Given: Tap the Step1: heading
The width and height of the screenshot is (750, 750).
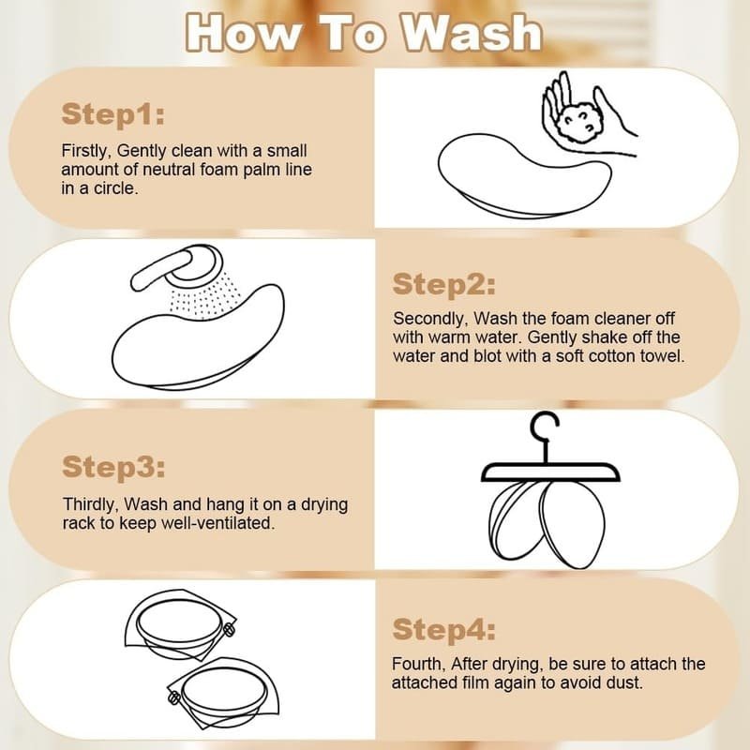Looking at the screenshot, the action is point(112,114).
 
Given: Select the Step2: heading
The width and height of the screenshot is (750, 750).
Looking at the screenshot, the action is point(443,285).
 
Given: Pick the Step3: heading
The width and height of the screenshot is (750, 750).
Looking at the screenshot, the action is point(113,466).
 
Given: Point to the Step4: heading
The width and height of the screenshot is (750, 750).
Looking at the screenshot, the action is point(443,629).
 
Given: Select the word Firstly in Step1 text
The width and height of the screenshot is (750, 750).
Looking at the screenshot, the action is point(86,151).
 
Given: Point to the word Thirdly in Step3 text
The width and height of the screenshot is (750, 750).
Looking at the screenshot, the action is point(91,504).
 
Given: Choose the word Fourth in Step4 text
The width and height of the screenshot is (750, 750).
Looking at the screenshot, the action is point(418,664).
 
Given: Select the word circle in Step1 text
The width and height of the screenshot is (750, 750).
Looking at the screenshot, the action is point(115,188).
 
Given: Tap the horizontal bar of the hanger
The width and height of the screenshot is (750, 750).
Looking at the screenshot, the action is point(550,472).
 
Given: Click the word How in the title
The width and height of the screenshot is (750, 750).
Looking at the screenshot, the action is point(244,33).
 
